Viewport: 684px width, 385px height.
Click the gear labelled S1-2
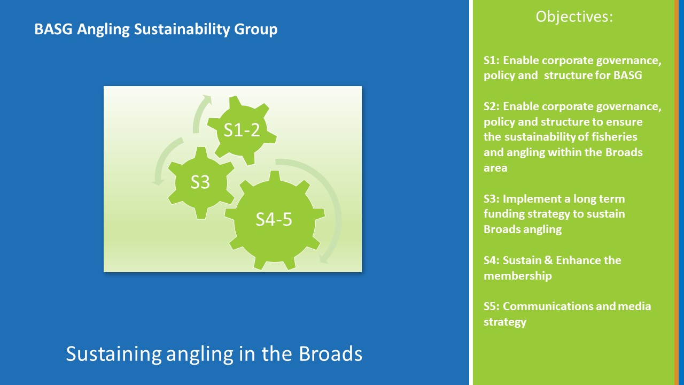(242, 130)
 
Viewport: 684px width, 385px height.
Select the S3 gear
(201, 183)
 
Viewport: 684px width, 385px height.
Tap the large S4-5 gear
(274, 220)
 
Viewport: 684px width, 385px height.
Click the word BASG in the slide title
(53, 29)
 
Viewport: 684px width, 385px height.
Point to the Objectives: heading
(574, 17)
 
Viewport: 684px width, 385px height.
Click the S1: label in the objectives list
(491, 60)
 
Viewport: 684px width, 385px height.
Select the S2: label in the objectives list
(491, 106)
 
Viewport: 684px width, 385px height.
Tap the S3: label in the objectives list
(491, 198)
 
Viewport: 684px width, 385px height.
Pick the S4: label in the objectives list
(491, 260)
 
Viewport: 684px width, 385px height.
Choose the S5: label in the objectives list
(491, 306)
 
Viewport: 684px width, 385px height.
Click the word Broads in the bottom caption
(330, 353)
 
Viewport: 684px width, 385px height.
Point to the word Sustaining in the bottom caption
(114, 355)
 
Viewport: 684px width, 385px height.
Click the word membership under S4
(518, 275)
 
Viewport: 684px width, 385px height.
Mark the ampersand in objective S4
(548, 260)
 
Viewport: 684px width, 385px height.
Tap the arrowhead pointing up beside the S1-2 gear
(207, 100)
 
